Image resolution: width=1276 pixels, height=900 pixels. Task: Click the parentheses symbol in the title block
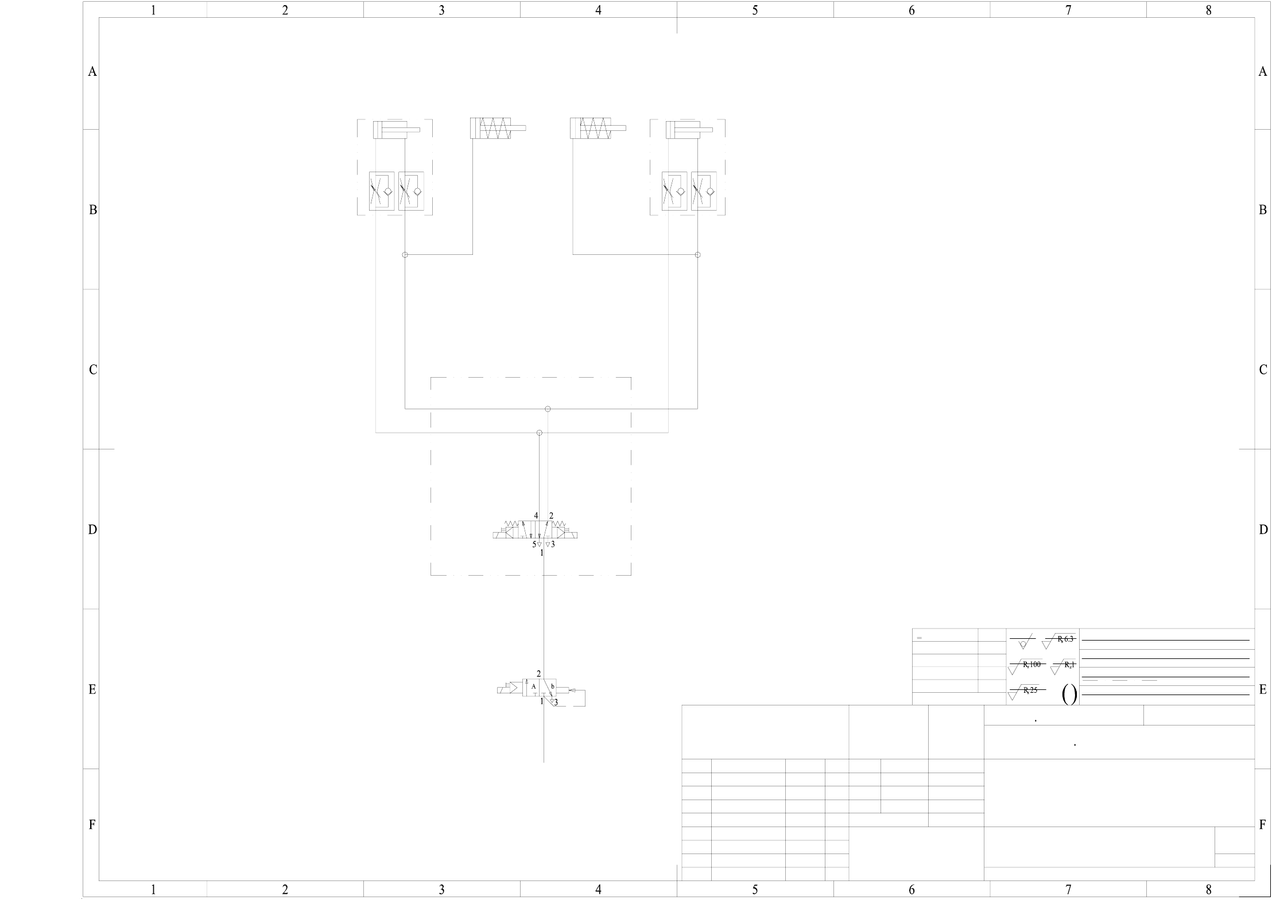(1069, 695)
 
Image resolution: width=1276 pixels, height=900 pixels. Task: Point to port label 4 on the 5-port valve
(536, 515)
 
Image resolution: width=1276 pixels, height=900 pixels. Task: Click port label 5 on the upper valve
(534, 544)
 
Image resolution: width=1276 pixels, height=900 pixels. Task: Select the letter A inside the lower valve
(533, 686)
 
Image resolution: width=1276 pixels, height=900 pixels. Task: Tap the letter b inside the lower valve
(552, 686)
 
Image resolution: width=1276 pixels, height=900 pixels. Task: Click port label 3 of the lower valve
(556, 702)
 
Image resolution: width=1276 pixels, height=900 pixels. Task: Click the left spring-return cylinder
(497, 128)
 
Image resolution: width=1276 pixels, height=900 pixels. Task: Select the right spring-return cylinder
(598, 128)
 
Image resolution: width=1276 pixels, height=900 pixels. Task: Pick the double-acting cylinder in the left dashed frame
(396, 130)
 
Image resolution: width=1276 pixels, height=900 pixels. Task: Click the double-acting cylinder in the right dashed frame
(689, 130)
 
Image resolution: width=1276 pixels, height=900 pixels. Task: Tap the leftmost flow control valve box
(382, 191)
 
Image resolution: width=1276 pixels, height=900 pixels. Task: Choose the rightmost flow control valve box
(704, 191)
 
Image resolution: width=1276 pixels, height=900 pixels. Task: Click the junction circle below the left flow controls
(405, 255)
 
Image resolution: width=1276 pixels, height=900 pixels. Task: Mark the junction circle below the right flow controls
(697, 255)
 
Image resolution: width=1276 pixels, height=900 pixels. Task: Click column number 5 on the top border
(755, 10)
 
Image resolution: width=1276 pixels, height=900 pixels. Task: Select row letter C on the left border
(92, 370)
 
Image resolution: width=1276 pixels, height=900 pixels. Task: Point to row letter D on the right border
(1263, 530)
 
